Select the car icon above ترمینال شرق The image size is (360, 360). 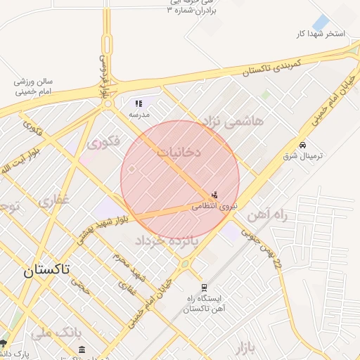click(302, 144)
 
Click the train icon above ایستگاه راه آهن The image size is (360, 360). click(204, 287)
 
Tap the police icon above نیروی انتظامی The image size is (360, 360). click(214, 195)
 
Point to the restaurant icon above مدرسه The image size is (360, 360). click(139, 103)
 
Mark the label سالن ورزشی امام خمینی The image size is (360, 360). click(34, 86)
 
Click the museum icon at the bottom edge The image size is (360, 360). click(82, 349)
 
